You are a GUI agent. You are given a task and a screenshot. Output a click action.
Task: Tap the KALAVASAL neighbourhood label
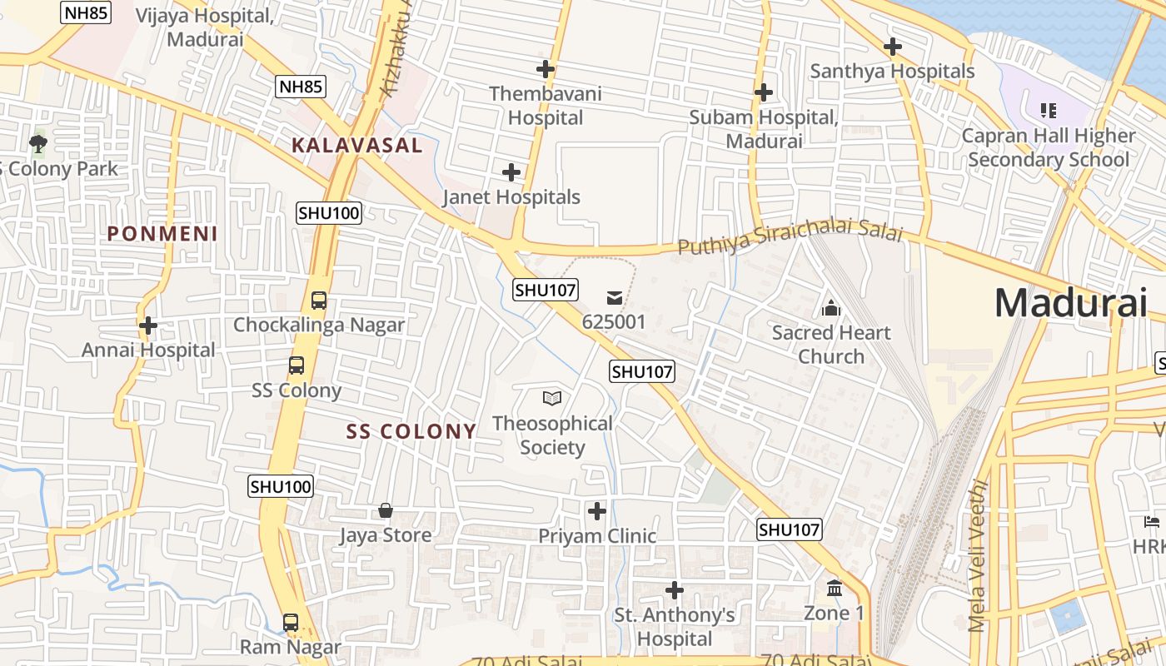click(x=356, y=146)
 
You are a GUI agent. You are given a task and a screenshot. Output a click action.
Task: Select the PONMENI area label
click(x=162, y=234)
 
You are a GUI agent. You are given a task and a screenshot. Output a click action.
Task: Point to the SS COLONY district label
click(x=411, y=431)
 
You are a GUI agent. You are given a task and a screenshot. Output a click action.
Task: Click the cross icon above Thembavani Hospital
click(x=546, y=69)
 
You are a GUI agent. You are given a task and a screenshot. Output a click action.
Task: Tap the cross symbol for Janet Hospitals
click(x=511, y=172)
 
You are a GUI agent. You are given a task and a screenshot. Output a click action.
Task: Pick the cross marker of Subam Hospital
click(x=763, y=92)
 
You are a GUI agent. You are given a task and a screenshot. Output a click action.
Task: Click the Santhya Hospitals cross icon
click(x=892, y=47)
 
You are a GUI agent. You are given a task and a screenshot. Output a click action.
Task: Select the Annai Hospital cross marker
click(x=148, y=326)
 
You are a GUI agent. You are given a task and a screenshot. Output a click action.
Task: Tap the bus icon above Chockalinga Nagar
click(x=319, y=301)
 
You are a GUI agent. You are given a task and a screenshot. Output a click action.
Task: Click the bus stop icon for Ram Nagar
click(x=291, y=622)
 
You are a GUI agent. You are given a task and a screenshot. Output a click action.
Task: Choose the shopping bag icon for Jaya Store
click(x=385, y=510)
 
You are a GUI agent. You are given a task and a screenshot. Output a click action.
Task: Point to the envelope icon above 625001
click(x=615, y=297)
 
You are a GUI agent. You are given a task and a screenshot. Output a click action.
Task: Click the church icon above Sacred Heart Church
click(x=830, y=309)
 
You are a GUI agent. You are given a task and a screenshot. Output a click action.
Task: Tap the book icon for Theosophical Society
click(x=552, y=398)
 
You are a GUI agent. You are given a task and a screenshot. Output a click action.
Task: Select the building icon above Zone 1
click(x=835, y=589)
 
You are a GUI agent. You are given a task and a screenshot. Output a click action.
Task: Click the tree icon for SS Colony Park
click(x=37, y=144)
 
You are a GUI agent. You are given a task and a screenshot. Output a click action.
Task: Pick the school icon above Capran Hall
click(x=1049, y=110)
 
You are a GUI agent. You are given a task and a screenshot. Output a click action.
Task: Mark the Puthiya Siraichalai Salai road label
click(x=790, y=236)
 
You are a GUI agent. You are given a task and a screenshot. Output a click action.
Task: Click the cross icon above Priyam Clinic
click(x=597, y=510)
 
